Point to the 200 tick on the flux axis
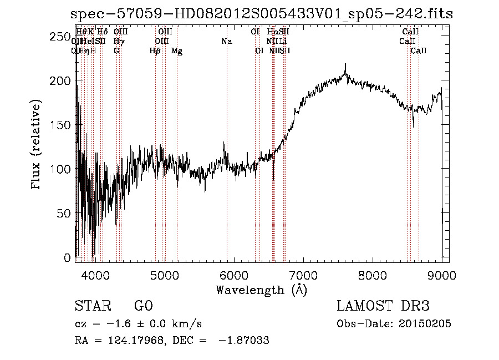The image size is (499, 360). point(66,81)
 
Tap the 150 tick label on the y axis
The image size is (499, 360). point(66,125)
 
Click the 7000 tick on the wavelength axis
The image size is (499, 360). point(303,275)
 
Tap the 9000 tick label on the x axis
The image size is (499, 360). point(441,275)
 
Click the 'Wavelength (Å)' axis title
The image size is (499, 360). point(261,290)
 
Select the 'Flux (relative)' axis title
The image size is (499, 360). point(37,145)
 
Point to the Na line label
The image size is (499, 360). point(226,42)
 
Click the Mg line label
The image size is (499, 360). point(177,51)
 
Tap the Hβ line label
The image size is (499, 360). point(155,51)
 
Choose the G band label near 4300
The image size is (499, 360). point(116,51)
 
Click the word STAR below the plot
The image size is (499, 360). point(91,306)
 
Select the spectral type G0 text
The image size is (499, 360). point(143,306)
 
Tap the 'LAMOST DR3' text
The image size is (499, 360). point(383,306)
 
